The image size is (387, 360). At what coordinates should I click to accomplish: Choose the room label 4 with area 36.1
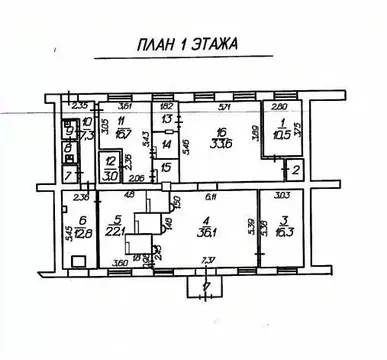point(209,227)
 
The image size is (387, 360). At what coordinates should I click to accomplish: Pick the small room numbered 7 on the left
point(67,175)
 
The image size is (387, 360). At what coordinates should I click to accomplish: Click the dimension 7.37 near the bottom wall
point(207,264)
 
